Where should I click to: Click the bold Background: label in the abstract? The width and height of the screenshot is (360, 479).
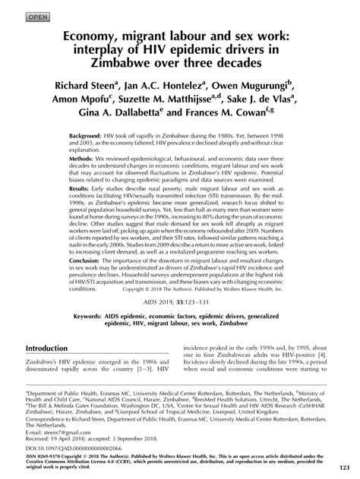[x=90, y=134]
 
